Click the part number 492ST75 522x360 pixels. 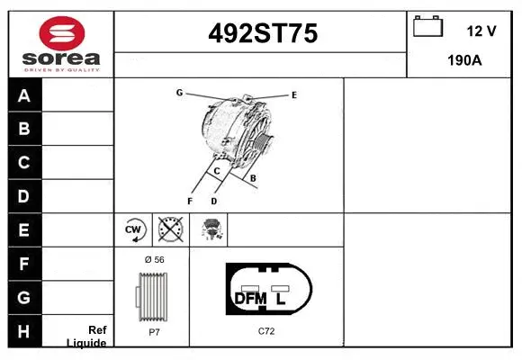(x=263, y=33)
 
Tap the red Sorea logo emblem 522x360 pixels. (x=62, y=33)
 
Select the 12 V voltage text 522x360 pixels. (x=481, y=31)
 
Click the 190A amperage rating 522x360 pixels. (x=464, y=60)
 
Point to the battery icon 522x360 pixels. (x=427, y=26)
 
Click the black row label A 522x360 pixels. (x=24, y=96)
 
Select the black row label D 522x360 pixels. (x=24, y=196)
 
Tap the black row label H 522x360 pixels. (x=24, y=331)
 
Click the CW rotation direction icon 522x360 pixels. (x=133, y=229)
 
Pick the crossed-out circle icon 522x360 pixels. (x=171, y=229)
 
